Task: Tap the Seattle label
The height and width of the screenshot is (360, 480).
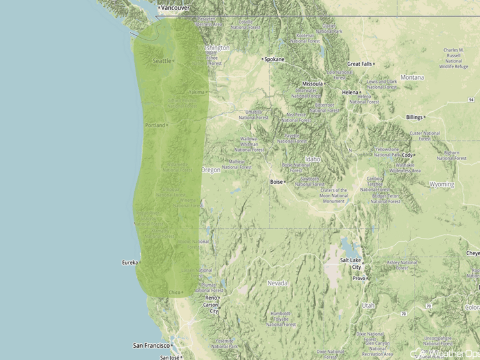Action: [x=162, y=61]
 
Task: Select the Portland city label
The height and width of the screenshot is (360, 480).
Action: [x=155, y=125]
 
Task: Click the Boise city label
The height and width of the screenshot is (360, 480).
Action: [x=276, y=182]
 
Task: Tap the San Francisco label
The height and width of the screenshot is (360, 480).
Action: [x=151, y=345]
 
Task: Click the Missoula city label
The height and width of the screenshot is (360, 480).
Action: [x=313, y=84]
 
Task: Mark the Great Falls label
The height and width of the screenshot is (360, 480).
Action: [x=360, y=64]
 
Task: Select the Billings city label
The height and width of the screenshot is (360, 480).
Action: [x=415, y=117]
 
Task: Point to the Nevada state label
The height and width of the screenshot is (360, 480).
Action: [x=278, y=283]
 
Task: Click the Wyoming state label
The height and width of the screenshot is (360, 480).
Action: [x=442, y=184]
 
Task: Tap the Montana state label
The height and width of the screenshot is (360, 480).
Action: [x=413, y=77]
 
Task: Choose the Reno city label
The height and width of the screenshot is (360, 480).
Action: [x=211, y=298]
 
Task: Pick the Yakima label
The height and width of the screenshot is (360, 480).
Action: [x=197, y=92]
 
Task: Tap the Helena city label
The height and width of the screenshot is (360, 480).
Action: [x=351, y=93]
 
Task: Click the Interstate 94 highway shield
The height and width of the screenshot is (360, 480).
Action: [x=471, y=100]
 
